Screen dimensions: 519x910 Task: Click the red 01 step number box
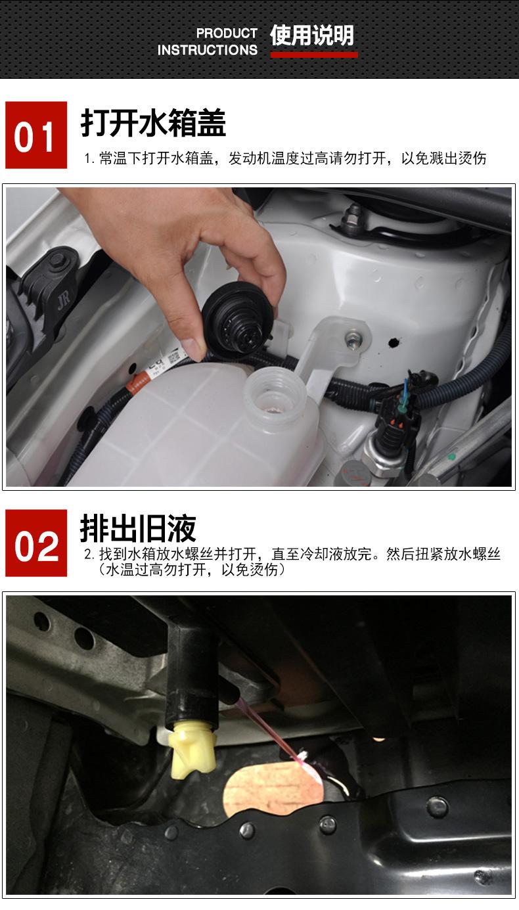36,135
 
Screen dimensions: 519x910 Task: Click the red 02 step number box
36,543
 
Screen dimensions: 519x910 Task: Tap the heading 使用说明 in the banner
312,35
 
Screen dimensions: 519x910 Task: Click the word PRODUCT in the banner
227,34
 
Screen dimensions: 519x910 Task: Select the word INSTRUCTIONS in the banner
208,50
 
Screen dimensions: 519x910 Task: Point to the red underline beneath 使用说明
314,55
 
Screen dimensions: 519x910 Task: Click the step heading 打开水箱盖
153,122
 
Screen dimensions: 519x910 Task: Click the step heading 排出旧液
138,528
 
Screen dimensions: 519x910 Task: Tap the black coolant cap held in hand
238,320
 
